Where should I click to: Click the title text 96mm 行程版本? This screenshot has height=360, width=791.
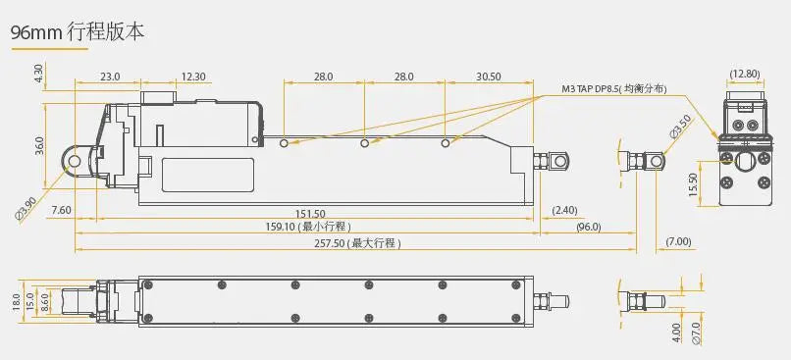tap(78, 32)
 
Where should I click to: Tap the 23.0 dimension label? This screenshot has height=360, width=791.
tap(110, 77)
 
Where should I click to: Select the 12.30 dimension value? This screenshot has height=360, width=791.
tap(193, 77)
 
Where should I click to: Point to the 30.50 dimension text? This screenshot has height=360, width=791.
tap(489, 77)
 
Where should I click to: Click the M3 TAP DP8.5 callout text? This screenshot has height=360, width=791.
tap(614, 89)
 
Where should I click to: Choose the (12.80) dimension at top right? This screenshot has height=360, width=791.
tap(744, 74)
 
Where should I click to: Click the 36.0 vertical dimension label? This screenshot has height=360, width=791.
tap(39, 146)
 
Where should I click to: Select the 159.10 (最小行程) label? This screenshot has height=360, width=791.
tap(308, 227)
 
